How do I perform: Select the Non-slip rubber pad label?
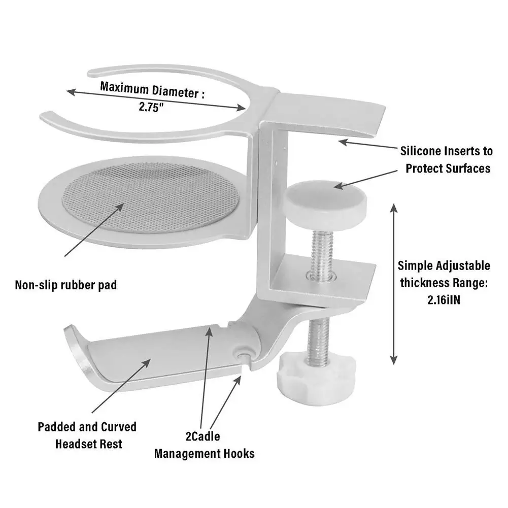[65, 285]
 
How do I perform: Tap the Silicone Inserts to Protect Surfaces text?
[446, 159]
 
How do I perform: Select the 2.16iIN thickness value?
[444, 299]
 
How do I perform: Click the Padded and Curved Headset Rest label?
[87, 434]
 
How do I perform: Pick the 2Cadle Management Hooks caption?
[204, 445]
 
